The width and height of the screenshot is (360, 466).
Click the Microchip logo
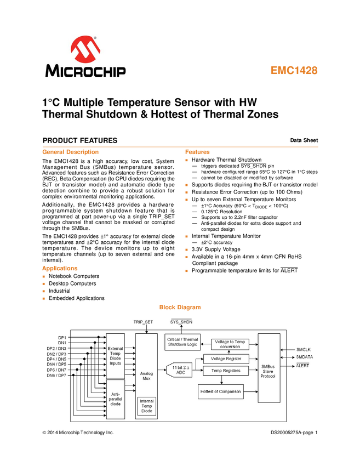click(x=85, y=56)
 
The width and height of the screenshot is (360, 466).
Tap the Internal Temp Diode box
click(x=147, y=405)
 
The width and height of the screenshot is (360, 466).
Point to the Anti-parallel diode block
click(x=116, y=399)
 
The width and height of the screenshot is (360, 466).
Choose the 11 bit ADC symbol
click(x=179, y=370)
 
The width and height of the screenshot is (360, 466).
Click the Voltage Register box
click(x=225, y=359)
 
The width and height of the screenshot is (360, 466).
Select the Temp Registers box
click(x=225, y=371)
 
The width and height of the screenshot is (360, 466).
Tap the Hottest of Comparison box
click(x=220, y=391)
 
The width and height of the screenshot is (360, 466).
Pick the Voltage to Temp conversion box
click(x=230, y=344)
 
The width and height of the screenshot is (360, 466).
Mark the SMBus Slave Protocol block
click(x=268, y=368)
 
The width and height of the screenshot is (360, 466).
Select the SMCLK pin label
click(x=304, y=349)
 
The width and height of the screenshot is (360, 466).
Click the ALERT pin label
click(x=303, y=365)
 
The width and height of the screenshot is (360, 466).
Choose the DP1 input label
click(x=62, y=338)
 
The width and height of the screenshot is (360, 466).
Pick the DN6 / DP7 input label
click(x=56, y=375)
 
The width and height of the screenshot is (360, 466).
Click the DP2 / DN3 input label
click(x=56, y=349)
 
